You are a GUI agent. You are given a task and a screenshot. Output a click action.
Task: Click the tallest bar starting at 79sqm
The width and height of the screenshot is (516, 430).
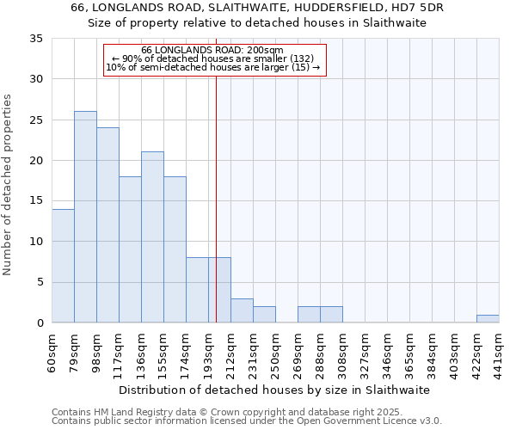[85, 217]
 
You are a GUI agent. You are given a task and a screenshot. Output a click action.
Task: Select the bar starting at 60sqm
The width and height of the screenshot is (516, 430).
[63, 266]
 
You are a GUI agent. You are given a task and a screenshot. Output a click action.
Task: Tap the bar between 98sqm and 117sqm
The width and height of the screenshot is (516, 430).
[107, 225]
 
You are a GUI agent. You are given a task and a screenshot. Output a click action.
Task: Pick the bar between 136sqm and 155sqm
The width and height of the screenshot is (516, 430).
[152, 237]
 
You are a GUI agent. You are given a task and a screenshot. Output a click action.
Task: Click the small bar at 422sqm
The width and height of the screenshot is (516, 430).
[488, 319]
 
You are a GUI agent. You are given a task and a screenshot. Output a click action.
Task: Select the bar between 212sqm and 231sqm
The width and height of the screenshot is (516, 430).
[242, 310]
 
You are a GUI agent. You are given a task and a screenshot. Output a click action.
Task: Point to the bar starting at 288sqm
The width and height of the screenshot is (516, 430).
[331, 315]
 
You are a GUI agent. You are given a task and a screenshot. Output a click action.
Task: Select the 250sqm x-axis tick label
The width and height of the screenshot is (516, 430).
[275, 353]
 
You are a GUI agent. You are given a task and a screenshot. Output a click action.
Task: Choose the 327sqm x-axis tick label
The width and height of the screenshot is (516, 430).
[365, 353]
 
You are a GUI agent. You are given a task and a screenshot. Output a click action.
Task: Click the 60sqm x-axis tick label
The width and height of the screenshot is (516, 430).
[52, 353]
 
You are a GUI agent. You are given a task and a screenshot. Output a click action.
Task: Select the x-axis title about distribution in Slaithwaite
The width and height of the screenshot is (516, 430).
[273, 390]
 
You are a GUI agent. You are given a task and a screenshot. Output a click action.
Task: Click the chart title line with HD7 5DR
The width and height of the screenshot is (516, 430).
[258, 8]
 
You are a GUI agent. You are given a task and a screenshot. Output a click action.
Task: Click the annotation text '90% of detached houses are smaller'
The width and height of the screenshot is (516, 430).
[215, 58]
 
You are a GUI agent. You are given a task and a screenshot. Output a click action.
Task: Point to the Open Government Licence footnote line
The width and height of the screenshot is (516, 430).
[247, 421]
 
